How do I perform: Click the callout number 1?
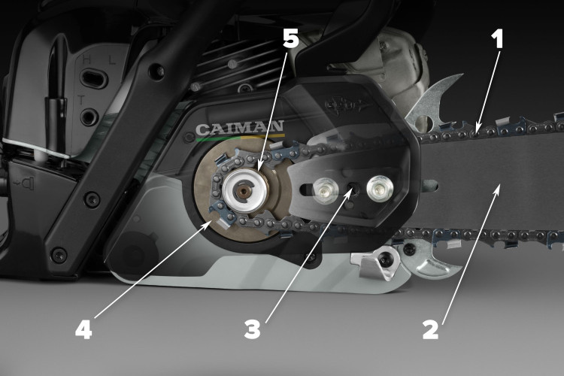pos(498,39)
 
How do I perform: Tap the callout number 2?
pos(431,330)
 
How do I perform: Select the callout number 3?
pos(252,329)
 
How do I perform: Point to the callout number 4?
pos(83,329)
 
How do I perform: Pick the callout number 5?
pos(290,38)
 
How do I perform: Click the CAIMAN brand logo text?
pos(240,128)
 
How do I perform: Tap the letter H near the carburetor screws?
pos(86,59)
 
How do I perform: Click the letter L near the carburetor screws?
pos(112,60)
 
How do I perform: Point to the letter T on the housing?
pos(81,100)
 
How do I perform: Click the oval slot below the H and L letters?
pos(93,78)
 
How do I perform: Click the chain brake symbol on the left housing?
pos(24,183)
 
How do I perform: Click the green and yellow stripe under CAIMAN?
pos(241,137)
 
